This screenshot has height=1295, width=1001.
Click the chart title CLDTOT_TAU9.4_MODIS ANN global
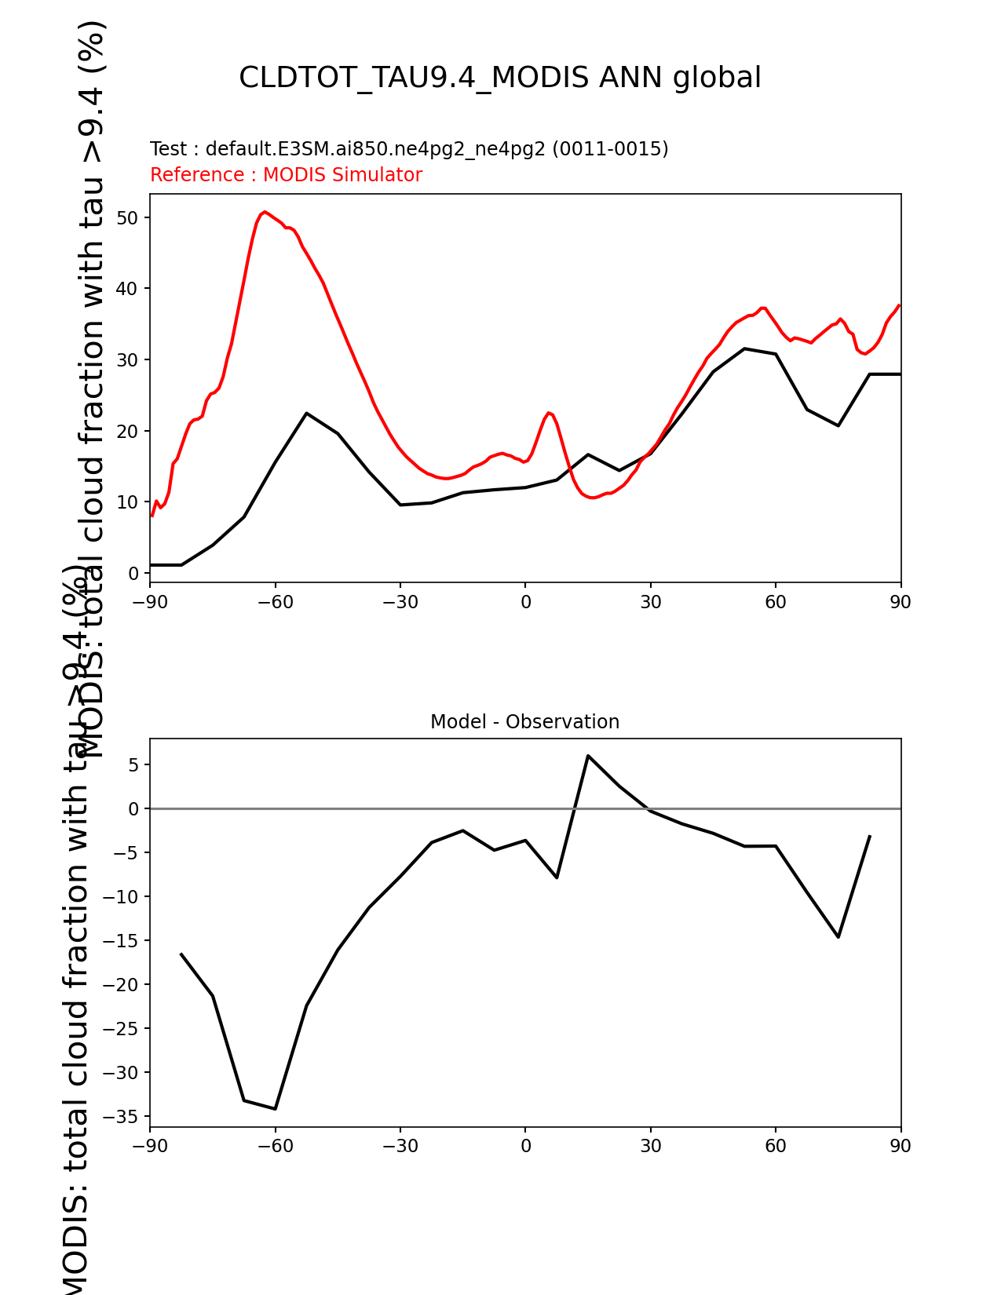tap(499, 78)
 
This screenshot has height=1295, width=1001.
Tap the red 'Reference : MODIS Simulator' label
tap(286, 175)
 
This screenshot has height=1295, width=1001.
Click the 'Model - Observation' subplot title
tap(524, 722)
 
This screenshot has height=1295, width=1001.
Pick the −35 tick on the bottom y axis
tap(123, 1117)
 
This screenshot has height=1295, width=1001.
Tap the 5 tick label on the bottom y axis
tap(134, 765)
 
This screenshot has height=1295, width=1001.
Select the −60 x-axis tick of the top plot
tap(275, 602)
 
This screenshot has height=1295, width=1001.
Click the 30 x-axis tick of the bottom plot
tap(650, 1146)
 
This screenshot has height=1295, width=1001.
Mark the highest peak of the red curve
tap(265, 212)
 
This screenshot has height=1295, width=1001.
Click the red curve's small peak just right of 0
tap(549, 413)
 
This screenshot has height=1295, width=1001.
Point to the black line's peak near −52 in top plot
tap(306, 413)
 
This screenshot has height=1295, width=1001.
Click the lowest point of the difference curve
tap(275, 1108)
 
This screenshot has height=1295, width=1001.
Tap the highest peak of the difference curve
tap(587, 756)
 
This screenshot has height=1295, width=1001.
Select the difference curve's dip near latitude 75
tap(838, 936)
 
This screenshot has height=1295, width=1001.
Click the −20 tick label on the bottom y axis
tap(123, 985)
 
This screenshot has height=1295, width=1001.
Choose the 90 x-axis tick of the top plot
tap(901, 602)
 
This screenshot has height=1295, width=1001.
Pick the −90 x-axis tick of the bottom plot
tap(149, 1146)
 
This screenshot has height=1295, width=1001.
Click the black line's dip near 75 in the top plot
tap(838, 425)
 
